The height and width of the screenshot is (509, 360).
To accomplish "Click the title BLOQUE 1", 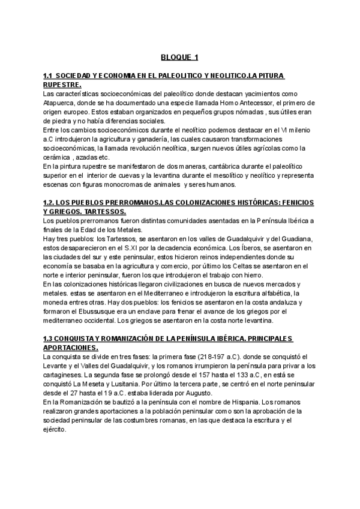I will coord(179,58).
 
